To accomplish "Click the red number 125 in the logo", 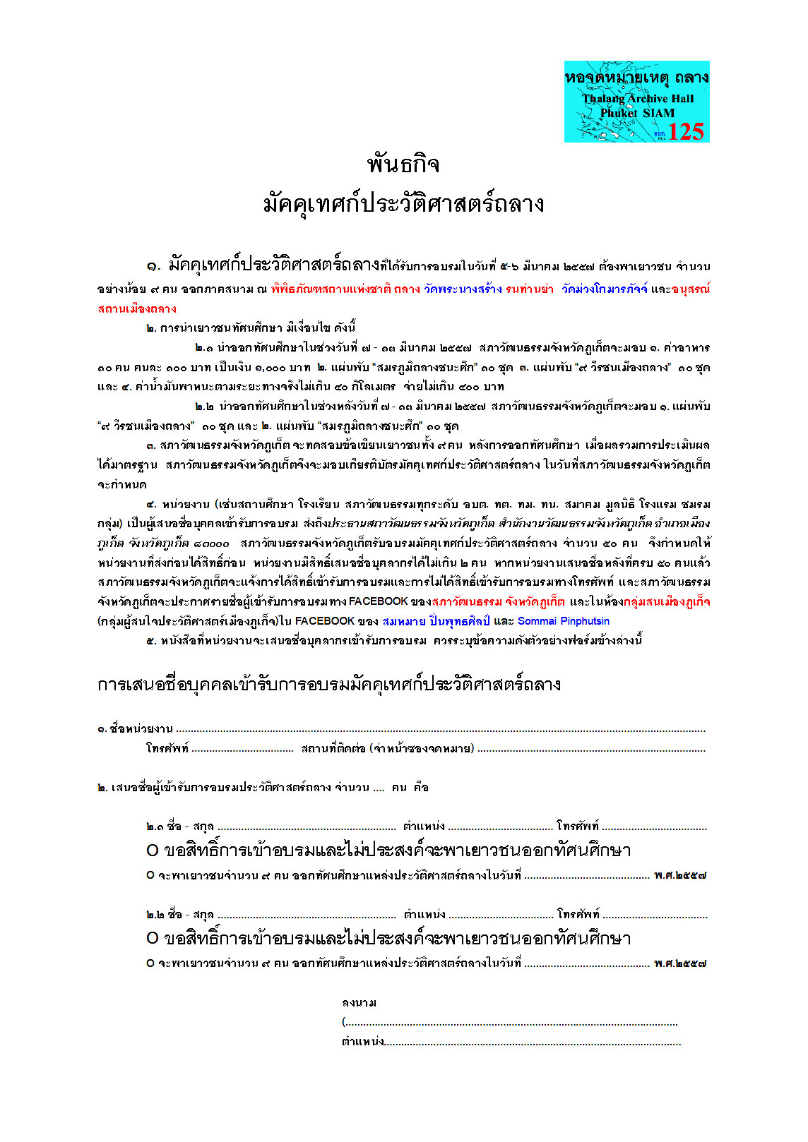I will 685,131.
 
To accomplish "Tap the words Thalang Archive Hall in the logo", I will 638,99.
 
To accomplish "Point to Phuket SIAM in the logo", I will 637,113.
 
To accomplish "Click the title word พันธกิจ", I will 403,164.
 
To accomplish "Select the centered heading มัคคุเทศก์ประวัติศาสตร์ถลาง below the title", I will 403,204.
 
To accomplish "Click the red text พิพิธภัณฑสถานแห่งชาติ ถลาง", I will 345,289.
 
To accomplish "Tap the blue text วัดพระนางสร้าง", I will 463,289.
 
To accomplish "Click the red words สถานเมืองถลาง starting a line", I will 137,308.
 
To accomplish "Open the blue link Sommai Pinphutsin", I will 563,621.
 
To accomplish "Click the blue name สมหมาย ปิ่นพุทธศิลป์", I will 435,621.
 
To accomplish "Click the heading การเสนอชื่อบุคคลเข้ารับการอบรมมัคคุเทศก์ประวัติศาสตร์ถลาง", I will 329,684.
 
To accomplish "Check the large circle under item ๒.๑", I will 153,851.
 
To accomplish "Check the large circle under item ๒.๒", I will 153,939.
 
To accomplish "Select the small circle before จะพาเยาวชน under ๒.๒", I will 150,963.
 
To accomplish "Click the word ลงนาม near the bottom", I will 359,1003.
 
